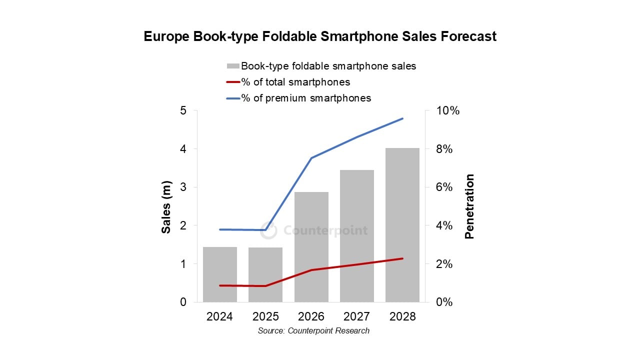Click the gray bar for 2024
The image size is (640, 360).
pos(220,274)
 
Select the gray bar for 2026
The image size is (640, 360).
pos(311,247)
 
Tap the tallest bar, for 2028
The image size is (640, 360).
pos(402,225)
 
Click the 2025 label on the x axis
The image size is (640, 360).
pos(265,317)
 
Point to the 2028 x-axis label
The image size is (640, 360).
pos(402,317)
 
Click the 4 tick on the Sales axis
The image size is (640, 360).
pos(183,149)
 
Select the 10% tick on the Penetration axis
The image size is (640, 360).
pos(447,110)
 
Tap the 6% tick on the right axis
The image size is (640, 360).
pos(445,187)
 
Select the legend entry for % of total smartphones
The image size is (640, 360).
pos(295,82)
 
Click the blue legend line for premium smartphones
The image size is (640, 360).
pos(233,98)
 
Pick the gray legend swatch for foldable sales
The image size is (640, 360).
pos(233,66)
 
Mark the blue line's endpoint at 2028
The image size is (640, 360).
pos(402,118)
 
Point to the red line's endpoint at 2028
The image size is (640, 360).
pos(402,258)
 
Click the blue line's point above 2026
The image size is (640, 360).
pos(311,158)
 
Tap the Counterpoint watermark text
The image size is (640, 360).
pos(325,230)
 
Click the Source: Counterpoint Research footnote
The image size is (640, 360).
pos(313,331)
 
